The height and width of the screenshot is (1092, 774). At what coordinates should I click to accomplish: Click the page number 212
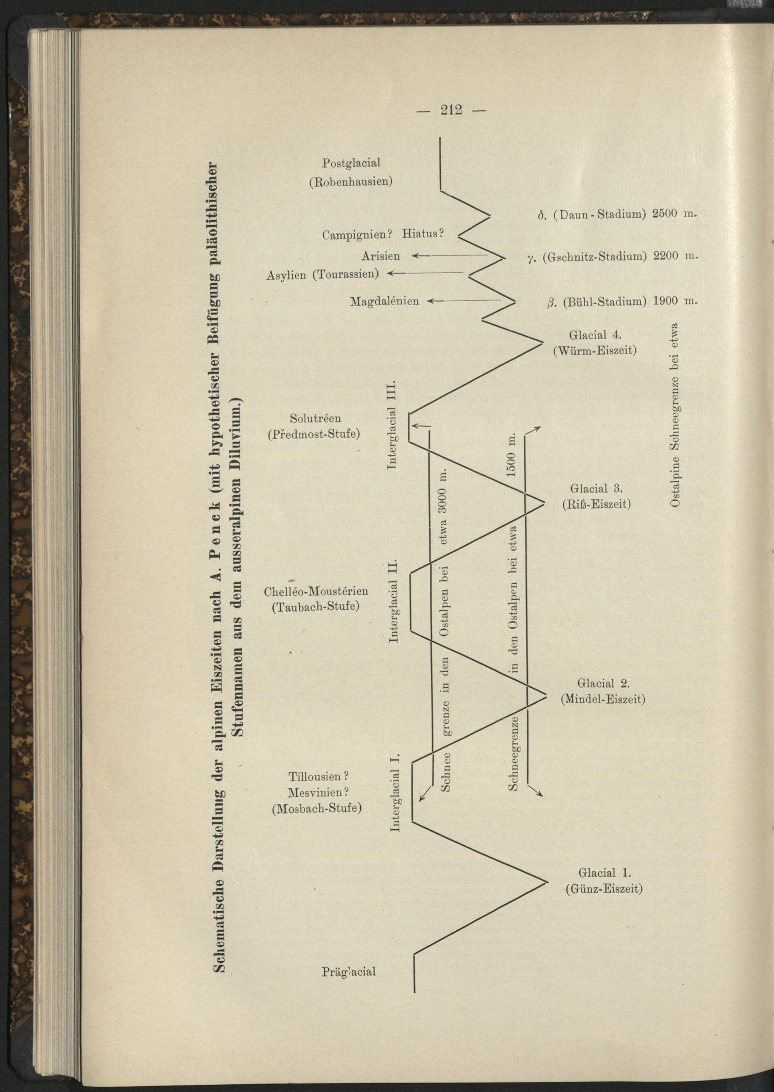coord(451,110)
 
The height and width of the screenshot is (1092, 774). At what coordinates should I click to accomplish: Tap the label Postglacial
coord(351,163)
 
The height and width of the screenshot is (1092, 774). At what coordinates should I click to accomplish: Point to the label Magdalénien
coord(385,301)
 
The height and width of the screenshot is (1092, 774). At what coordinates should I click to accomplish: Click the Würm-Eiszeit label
coord(595,351)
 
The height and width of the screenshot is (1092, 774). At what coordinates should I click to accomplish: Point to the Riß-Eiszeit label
coord(596,504)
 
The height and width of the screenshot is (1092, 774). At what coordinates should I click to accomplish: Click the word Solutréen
coord(315,418)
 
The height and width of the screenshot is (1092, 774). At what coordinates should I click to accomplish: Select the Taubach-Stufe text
coord(315,607)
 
